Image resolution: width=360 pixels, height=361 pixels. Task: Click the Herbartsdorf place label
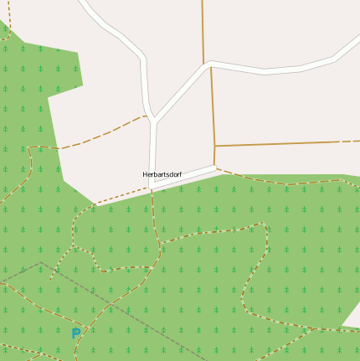click(162, 174)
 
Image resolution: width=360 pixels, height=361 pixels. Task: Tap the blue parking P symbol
click(76, 333)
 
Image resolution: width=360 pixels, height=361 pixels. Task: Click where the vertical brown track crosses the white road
click(208, 64)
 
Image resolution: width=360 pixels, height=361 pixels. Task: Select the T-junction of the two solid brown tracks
click(215, 147)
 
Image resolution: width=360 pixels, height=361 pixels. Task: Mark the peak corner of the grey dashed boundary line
click(39, 263)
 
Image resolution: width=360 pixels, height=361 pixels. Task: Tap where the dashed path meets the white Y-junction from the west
click(146, 116)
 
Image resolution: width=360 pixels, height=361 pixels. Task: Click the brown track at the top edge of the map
click(203, 3)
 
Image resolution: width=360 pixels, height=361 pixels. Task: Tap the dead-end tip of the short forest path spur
click(50, 278)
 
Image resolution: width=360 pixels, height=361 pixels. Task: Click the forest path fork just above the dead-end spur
click(73, 248)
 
